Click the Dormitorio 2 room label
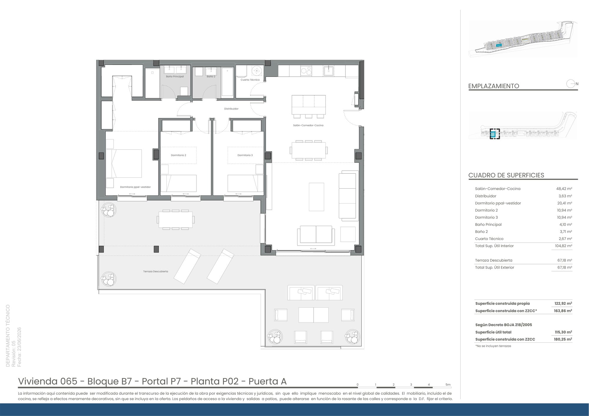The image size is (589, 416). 178,155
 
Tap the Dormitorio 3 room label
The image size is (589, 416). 245,155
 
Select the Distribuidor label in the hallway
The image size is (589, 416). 231,109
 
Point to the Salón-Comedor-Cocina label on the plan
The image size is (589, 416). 308,125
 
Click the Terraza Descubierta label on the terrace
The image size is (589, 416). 155,272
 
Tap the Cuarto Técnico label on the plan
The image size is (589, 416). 250,80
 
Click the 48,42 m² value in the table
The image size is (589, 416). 564,189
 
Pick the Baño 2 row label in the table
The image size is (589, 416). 481,232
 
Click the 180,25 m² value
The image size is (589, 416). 563,339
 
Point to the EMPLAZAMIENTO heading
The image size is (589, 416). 494,86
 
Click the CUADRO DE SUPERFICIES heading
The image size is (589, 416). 506,175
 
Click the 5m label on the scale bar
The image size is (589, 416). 448,385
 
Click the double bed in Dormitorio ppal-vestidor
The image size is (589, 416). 124,164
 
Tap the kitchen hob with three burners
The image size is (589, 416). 306,71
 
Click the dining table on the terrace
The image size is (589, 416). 176,219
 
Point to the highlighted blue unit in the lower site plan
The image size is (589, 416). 494,134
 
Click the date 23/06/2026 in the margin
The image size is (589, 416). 19,347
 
